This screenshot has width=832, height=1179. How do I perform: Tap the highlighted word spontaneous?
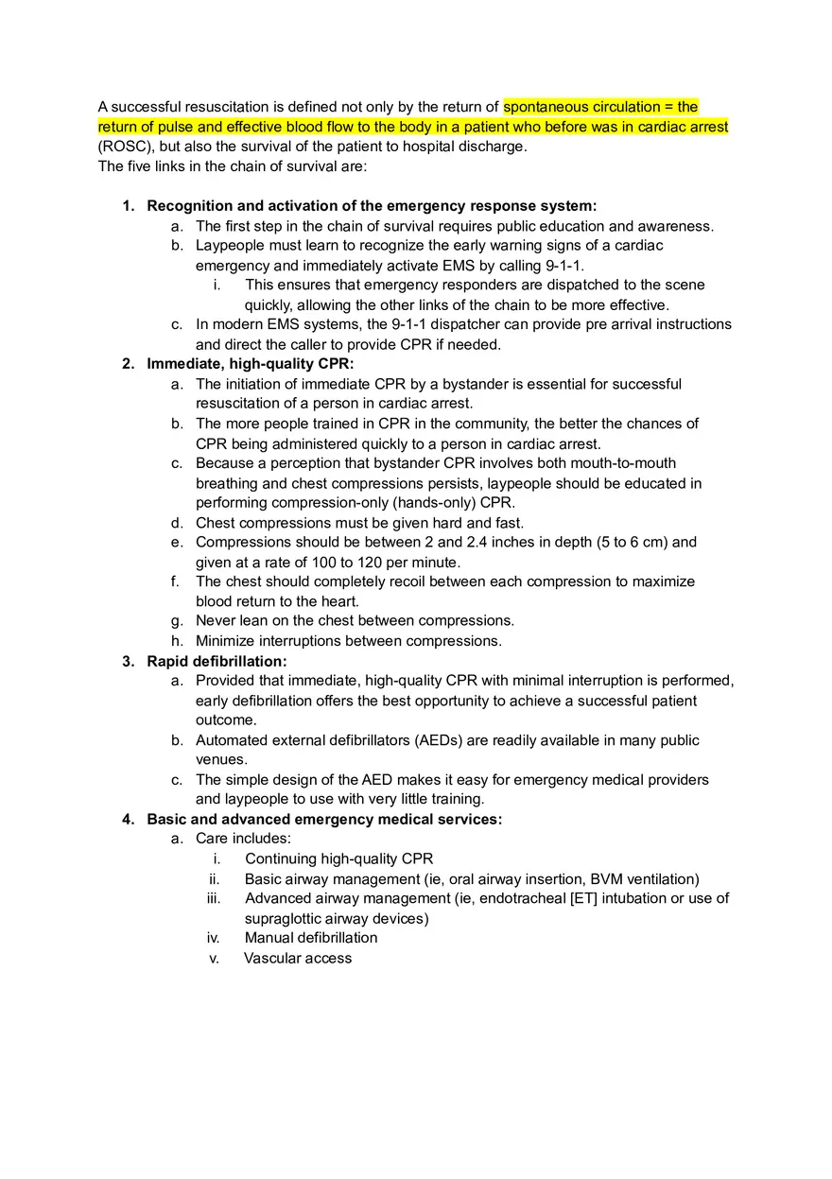[x=544, y=107]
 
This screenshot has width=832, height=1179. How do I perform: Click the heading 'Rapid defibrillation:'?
[x=217, y=661]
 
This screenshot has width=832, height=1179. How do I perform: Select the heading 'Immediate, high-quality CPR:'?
[x=250, y=364]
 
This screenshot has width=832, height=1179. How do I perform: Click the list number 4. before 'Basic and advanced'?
[x=128, y=819]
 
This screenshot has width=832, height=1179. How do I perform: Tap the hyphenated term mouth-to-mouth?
[x=624, y=463]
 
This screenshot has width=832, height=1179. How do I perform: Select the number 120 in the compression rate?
[x=308, y=563]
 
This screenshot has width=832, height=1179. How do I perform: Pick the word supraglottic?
[x=285, y=918]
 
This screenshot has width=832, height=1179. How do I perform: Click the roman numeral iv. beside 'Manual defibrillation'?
[x=214, y=938]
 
